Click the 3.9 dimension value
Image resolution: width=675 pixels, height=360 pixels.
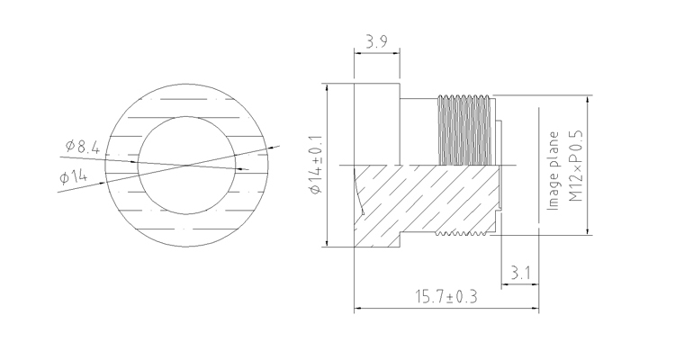pyautogui.click(x=377, y=42)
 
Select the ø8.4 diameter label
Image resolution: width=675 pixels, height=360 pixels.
pyautogui.click(x=82, y=147)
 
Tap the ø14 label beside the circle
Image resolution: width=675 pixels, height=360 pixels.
pyautogui.click(x=74, y=175)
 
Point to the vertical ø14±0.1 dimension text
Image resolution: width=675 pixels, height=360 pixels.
pyautogui.click(x=316, y=165)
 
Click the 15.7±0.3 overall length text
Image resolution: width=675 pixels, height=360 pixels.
pyautogui.click(x=446, y=297)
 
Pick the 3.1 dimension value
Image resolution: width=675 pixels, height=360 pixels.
pyautogui.click(x=520, y=273)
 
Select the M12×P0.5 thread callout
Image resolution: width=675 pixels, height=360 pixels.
pyautogui.click(x=575, y=166)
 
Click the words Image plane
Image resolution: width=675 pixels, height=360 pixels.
pyautogui.click(x=553, y=171)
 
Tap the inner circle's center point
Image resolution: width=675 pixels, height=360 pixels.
pyautogui.click(x=186, y=165)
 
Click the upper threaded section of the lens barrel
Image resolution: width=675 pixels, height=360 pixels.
pyautogui.click(x=465, y=130)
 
